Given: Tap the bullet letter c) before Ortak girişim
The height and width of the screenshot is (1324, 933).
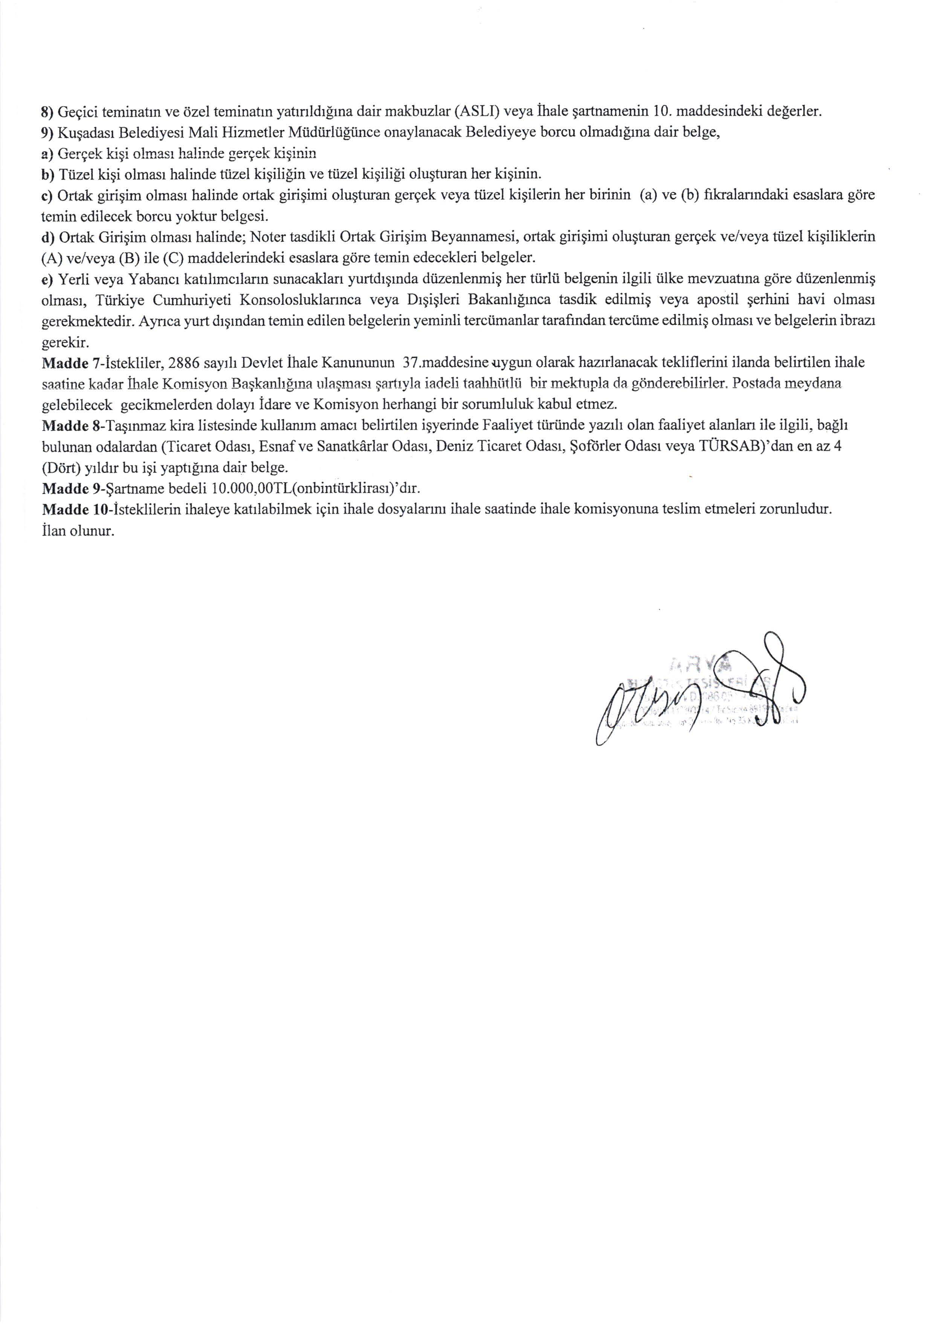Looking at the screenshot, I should [49, 196].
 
